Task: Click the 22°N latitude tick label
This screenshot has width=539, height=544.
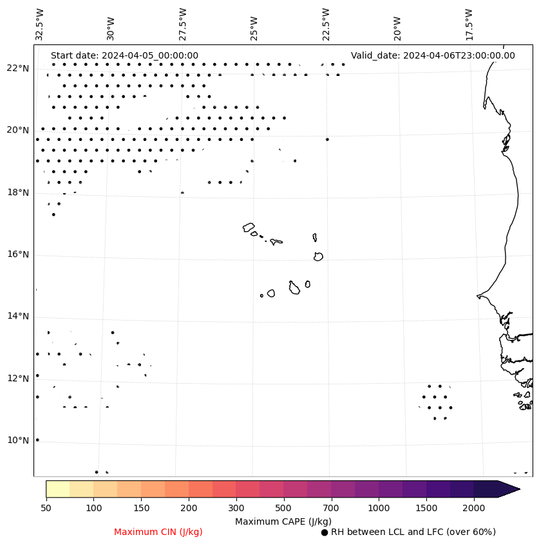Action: tap(18, 68)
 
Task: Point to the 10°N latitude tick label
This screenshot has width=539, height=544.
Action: tap(18, 440)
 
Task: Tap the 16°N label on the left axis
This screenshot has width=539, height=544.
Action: tap(18, 254)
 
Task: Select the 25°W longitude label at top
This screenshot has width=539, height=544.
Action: tap(254, 24)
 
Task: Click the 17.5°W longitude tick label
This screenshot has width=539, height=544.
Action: tap(469, 24)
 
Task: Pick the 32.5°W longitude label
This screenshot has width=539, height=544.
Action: tap(40, 24)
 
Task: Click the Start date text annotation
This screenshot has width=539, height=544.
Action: tap(124, 56)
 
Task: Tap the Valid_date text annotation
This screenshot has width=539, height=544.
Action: tap(433, 56)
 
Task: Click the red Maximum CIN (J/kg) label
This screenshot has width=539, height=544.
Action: tap(158, 532)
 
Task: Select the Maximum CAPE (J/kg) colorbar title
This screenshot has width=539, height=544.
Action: tap(283, 521)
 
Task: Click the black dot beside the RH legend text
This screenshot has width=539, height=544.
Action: tap(325, 532)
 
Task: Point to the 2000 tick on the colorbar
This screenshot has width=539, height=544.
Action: tap(474, 509)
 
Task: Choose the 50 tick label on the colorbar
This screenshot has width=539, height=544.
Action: tap(46, 509)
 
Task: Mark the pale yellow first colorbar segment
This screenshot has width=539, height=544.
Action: tap(58, 489)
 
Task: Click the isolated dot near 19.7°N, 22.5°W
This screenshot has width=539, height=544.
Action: tap(327, 139)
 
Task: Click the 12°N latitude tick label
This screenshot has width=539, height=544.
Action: tap(18, 379)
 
